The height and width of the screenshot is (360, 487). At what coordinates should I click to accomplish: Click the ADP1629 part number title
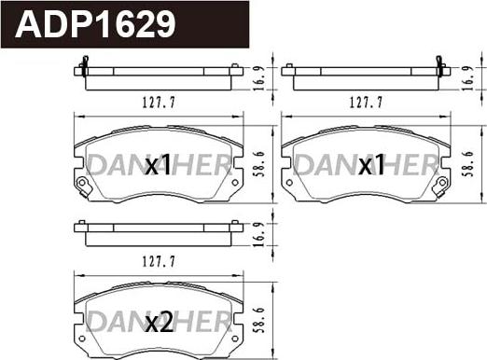pos(95,24)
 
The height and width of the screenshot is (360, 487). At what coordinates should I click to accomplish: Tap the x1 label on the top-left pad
pos(159,165)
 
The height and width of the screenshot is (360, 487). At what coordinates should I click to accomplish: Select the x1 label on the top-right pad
pos(371,165)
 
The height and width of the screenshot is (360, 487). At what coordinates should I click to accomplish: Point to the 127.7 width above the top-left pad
pos(159,103)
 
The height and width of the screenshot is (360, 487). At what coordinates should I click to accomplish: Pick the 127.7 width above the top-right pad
pos(366,103)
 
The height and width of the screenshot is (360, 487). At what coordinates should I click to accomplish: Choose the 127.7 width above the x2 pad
pos(159,261)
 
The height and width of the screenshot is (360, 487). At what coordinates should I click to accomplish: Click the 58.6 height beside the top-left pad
pos(259,164)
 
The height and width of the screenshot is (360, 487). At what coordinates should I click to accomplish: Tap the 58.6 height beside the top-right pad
pos(468,164)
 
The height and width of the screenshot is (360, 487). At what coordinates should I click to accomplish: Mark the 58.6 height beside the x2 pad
pos(259,320)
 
